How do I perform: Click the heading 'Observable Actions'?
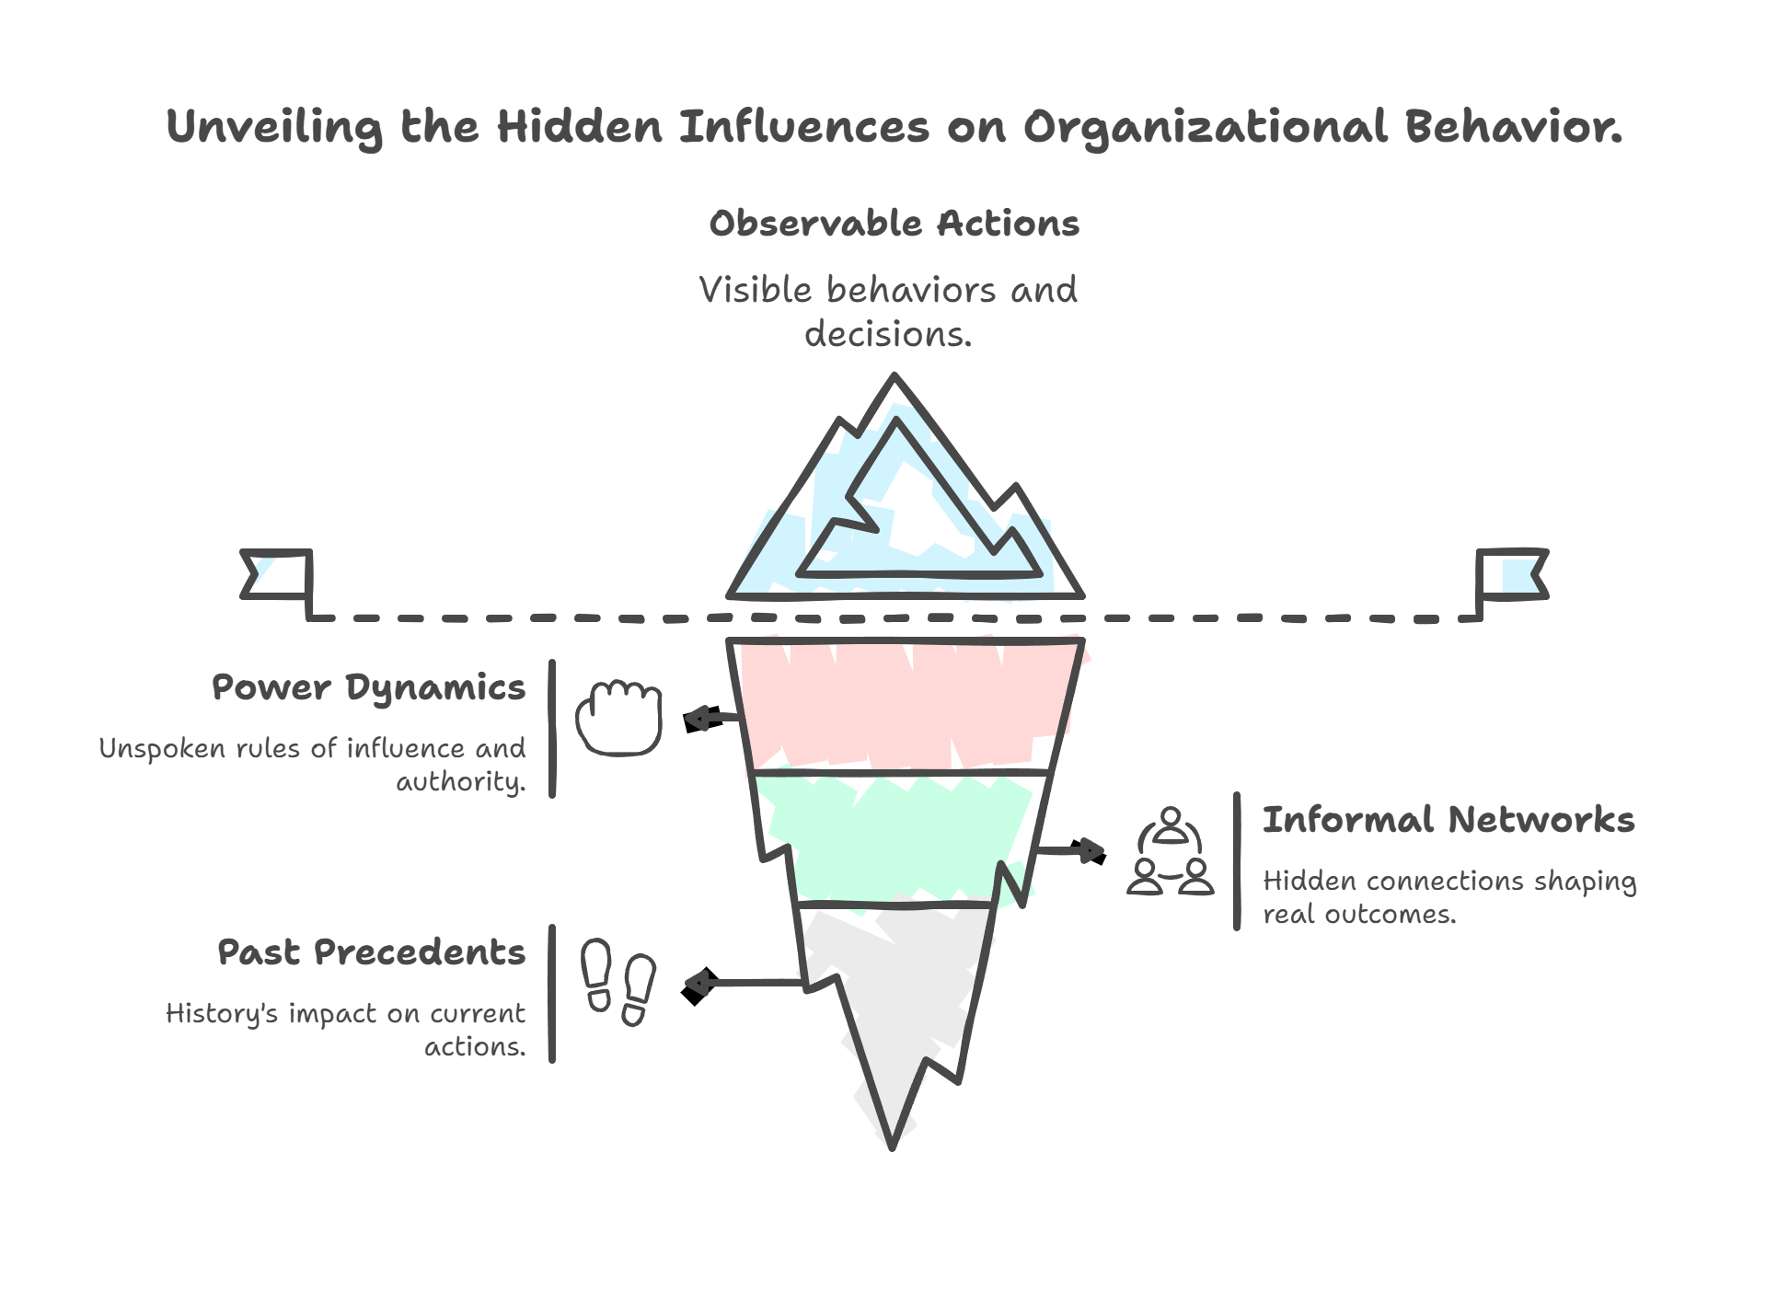(894, 225)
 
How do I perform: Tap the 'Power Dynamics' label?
(369, 687)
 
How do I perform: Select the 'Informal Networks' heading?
(1448, 819)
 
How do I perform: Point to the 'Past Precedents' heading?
(372, 951)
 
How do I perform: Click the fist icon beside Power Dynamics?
(619, 717)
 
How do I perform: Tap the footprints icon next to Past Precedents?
(618, 982)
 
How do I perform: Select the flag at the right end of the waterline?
(1511, 574)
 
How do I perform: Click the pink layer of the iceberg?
(906, 704)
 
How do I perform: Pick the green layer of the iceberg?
(897, 837)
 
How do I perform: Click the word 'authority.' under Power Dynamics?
(460, 782)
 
